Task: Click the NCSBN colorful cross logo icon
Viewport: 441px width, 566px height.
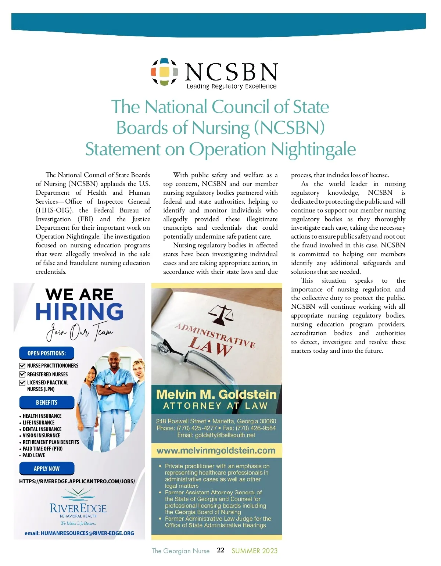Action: click(x=164, y=72)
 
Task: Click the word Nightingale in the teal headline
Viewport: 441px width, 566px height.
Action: click(x=313, y=149)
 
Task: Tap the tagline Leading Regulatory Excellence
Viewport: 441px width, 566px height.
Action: click(x=232, y=86)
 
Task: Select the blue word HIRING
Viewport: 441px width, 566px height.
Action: click(x=79, y=312)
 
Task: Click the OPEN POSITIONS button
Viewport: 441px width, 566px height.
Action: click(x=47, y=353)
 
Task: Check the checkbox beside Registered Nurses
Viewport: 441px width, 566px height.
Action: click(x=22, y=375)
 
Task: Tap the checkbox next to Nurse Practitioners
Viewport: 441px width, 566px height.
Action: click(x=22, y=366)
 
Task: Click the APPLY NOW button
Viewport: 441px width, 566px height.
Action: click(x=47, y=469)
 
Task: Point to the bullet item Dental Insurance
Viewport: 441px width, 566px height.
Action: click(x=42, y=429)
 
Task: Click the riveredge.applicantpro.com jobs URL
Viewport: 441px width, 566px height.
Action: click(x=77, y=481)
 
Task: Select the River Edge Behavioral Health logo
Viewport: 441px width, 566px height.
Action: click(x=78, y=507)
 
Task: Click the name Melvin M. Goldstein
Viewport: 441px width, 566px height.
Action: click(x=216, y=394)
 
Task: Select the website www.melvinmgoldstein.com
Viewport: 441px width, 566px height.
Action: click(x=216, y=451)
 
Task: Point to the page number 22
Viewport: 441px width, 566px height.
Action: click(x=220, y=550)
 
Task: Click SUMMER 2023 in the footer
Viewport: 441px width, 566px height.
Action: click(x=254, y=551)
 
